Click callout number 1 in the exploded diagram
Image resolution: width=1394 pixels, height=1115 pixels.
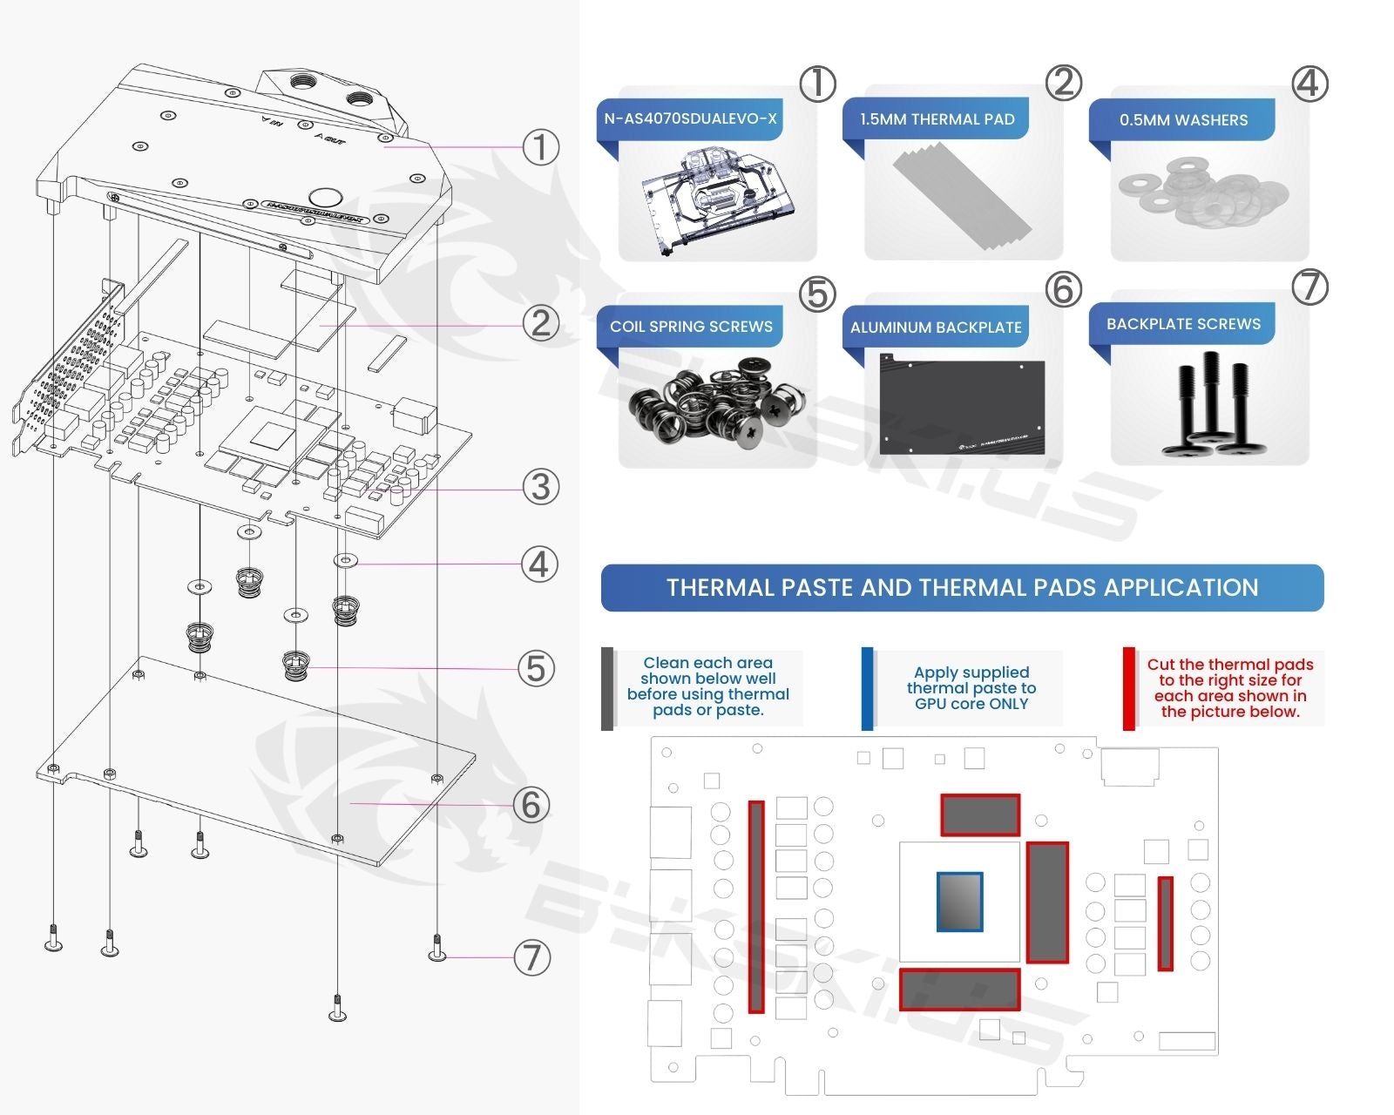540,147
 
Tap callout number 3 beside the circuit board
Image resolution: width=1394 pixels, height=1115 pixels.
540,486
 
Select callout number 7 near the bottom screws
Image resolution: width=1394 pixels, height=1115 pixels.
531,957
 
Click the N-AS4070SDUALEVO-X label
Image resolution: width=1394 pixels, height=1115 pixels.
690,118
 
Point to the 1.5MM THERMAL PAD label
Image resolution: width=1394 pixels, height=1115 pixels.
937,119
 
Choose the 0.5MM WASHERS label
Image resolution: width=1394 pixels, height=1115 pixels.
1183,120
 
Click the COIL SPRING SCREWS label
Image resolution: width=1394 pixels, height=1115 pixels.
691,327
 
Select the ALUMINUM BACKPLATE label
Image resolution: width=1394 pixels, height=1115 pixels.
936,328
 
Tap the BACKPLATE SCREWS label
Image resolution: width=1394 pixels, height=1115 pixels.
1183,324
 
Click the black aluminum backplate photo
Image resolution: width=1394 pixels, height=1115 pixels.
962,404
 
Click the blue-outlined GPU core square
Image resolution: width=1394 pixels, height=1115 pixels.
959,902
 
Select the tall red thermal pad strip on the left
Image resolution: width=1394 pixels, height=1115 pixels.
756,907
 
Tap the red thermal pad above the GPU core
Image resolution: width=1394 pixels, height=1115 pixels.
980,815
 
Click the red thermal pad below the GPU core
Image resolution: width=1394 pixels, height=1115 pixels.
959,990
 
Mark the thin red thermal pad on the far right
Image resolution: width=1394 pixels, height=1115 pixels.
1165,923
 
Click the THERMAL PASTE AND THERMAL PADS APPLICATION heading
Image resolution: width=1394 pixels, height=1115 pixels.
962,588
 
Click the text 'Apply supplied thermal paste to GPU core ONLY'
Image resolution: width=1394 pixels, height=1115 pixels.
971,688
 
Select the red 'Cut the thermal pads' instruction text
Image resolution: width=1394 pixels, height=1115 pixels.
1229,688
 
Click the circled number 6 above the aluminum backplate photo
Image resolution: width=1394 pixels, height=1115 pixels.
1063,289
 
